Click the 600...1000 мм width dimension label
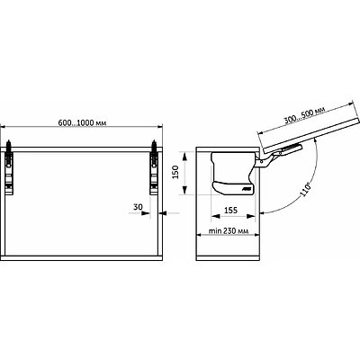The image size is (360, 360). [82, 123]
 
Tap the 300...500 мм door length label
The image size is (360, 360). [305, 115]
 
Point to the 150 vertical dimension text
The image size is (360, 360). [176, 172]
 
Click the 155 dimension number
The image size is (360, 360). [230, 211]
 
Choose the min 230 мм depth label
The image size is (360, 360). [229, 231]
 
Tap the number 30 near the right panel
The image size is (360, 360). [138, 207]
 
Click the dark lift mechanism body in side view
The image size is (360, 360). [232, 173]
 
